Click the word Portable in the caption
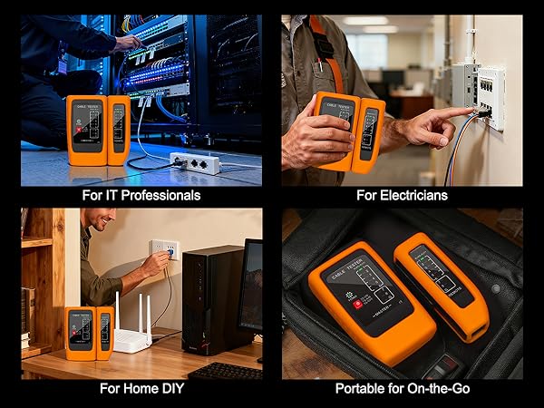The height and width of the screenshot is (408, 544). point(363,389)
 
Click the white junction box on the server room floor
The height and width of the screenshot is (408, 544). point(194,163)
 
